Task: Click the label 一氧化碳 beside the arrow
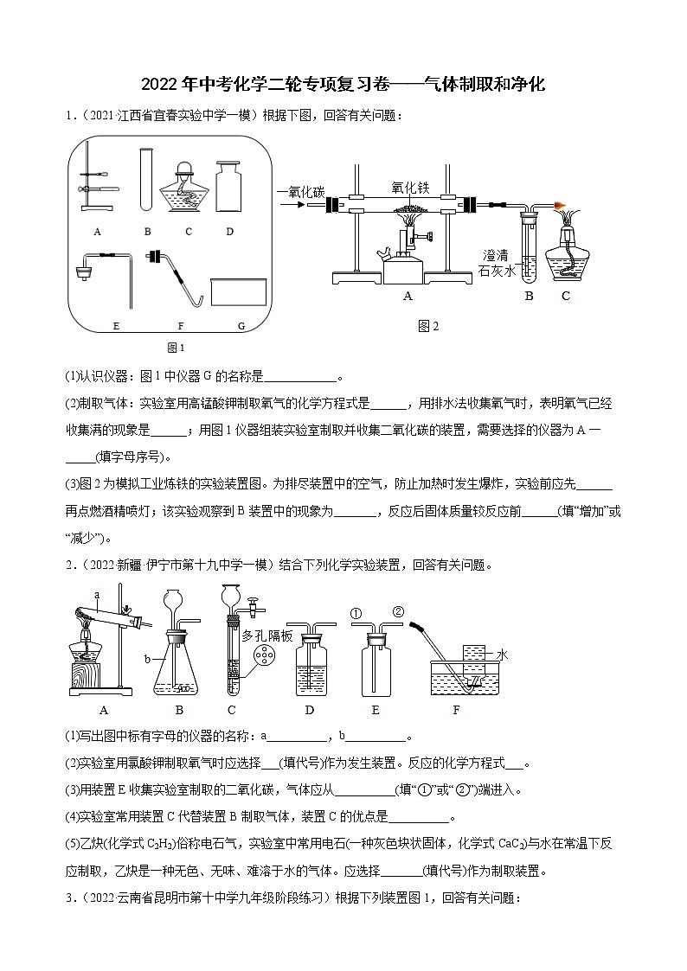[301, 191]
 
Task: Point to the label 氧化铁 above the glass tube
[410, 187]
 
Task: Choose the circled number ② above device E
[398, 613]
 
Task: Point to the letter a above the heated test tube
[97, 595]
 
